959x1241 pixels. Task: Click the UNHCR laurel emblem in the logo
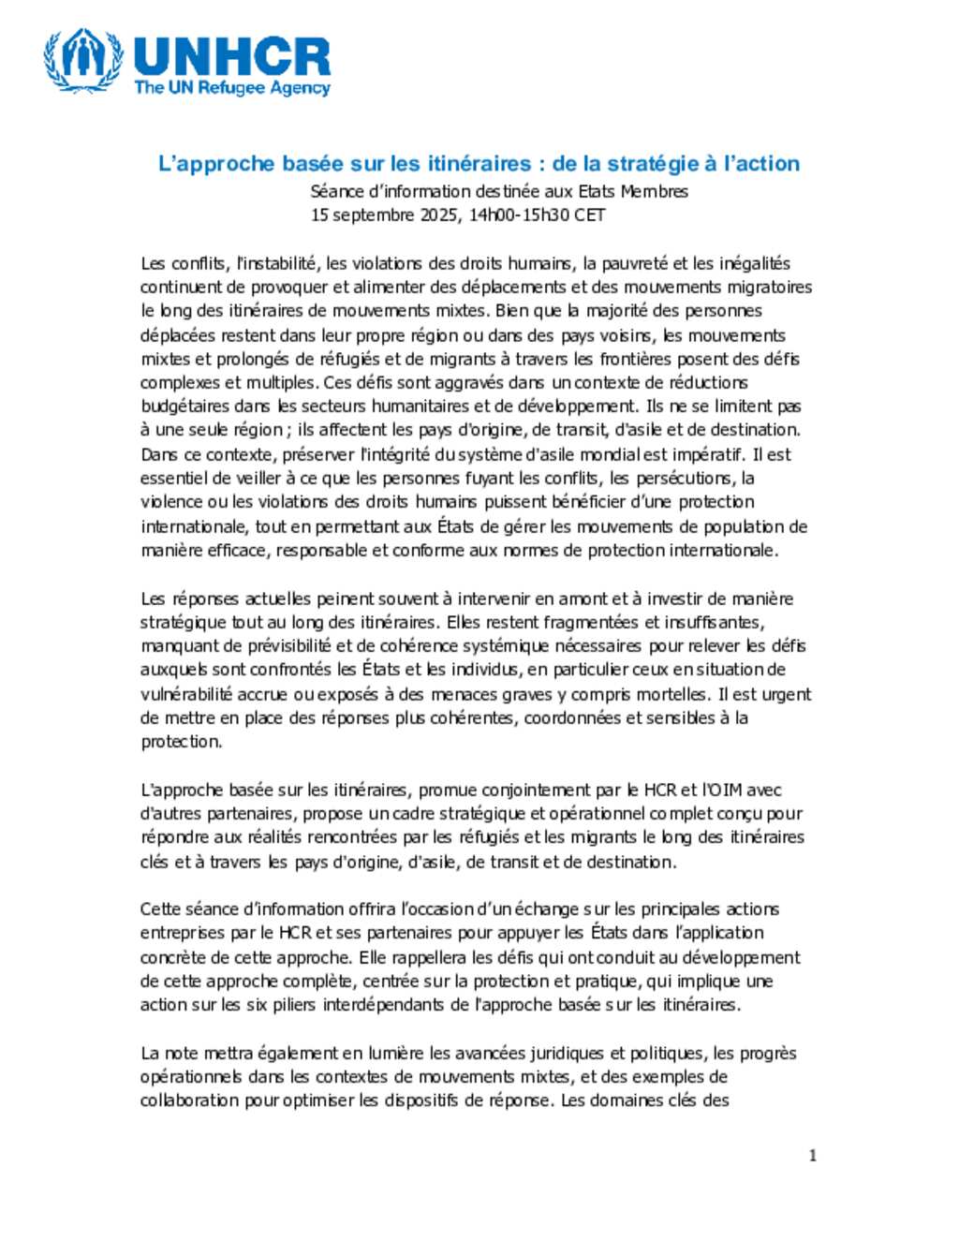(x=83, y=61)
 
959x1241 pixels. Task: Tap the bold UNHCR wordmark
(x=232, y=56)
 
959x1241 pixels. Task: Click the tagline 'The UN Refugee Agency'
(x=232, y=88)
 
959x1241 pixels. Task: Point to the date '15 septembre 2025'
(x=385, y=214)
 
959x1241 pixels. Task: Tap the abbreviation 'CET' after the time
(x=589, y=214)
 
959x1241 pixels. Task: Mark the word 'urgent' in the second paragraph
(x=786, y=694)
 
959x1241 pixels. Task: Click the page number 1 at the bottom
(x=812, y=1156)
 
